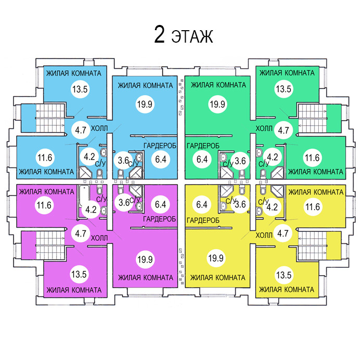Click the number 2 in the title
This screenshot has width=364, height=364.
coord(160,35)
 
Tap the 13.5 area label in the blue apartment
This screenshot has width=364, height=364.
coord(80,89)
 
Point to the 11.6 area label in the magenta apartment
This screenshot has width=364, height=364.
coord(44,205)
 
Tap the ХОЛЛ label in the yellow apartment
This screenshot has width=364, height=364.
coord(264,235)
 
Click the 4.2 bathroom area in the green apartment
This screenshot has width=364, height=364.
coord(272,155)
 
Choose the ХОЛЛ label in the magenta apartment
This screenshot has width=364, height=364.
coord(99,238)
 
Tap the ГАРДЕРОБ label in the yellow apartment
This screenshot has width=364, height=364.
coord(203,220)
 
